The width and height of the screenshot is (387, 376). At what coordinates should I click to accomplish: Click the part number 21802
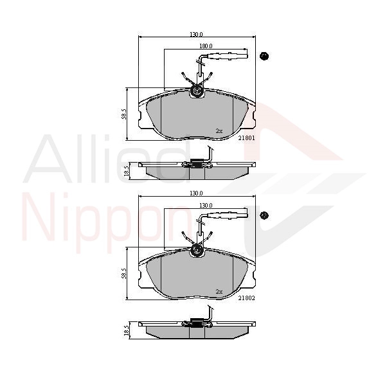point(248,298)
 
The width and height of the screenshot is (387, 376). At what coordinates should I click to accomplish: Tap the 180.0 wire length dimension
point(205,46)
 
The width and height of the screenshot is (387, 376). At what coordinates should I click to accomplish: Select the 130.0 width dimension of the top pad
point(196,34)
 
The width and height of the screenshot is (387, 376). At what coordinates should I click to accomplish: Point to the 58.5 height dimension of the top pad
point(125,114)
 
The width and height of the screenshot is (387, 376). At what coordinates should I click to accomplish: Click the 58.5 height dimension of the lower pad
point(125,273)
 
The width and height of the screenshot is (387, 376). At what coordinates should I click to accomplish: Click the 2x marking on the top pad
point(219,131)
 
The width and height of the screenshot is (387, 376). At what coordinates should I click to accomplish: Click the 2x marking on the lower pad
point(219,291)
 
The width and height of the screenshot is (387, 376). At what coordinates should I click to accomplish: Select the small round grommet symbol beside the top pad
point(264,56)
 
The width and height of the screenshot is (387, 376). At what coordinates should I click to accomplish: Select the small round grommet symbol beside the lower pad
point(264,215)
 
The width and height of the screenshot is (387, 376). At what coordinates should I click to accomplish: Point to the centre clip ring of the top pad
point(197,93)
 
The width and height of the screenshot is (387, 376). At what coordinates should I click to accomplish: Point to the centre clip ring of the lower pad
point(197,252)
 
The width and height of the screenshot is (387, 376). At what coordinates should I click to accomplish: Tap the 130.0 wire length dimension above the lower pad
point(205,205)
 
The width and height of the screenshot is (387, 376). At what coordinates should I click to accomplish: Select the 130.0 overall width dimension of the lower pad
point(196,193)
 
